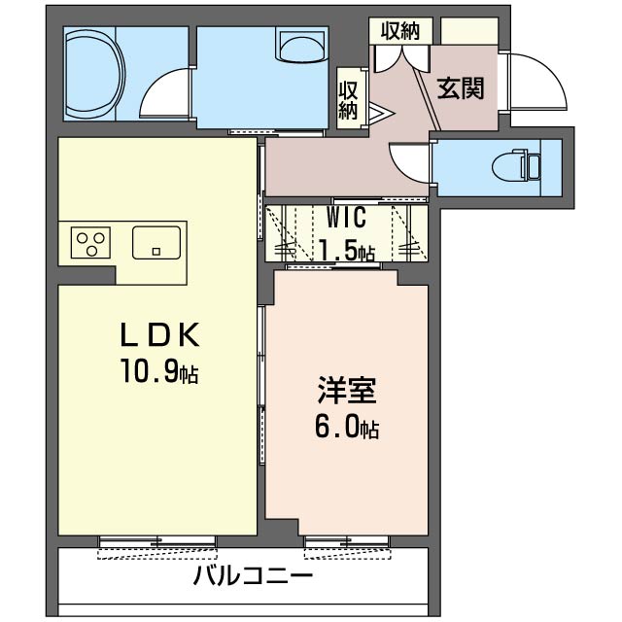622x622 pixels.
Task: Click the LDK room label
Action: (x=159, y=335)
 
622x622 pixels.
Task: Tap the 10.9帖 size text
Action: (x=159, y=371)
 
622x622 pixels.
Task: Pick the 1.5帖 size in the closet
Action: (x=346, y=252)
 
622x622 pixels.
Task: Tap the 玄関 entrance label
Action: (x=460, y=88)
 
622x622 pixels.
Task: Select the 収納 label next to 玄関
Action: (x=398, y=30)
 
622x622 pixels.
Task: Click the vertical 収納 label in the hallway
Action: (x=349, y=99)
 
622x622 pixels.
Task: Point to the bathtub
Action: (x=93, y=73)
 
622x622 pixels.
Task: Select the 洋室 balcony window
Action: (x=346, y=544)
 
